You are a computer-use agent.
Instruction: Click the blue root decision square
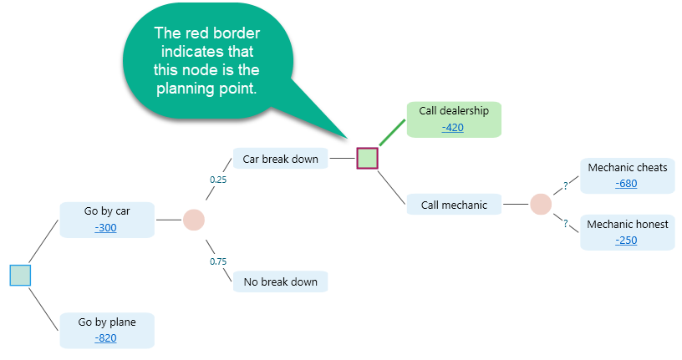pyautogui.click(x=20, y=275)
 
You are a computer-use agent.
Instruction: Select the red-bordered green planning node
pyautogui.click(x=368, y=158)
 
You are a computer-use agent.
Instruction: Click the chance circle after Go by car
pyautogui.click(x=194, y=220)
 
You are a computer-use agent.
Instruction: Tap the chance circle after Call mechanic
pyautogui.click(x=541, y=204)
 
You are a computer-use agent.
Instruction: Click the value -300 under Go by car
pyautogui.click(x=106, y=227)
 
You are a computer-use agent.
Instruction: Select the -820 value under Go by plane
pyautogui.click(x=106, y=337)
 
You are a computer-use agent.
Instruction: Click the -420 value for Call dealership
pyautogui.click(x=453, y=128)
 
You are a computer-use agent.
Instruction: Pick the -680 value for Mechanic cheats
pyautogui.click(x=626, y=183)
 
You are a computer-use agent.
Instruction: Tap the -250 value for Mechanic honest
pyautogui.click(x=626, y=240)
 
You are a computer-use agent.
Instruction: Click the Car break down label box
pyautogui.click(x=280, y=159)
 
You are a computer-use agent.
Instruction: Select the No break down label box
pyautogui.click(x=280, y=281)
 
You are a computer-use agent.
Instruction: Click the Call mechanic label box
pyautogui.click(x=454, y=205)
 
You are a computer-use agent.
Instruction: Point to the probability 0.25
pyautogui.click(x=218, y=179)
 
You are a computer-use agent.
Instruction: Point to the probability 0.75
pyautogui.click(x=218, y=261)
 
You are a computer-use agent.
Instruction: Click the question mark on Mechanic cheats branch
pyautogui.click(x=566, y=186)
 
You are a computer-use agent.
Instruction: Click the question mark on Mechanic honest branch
pyautogui.click(x=566, y=223)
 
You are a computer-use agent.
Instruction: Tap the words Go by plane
pyautogui.click(x=106, y=322)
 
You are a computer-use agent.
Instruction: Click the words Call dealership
pyautogui.click(x=453, y=111)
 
